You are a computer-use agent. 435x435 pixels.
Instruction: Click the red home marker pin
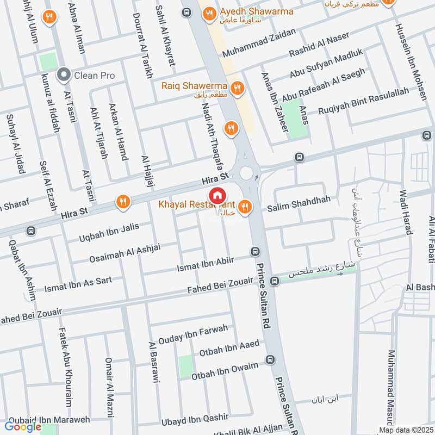(217, 195)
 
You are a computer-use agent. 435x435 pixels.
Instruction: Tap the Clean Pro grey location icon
(64, 75)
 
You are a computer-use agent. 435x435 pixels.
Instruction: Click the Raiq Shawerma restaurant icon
(237, 87)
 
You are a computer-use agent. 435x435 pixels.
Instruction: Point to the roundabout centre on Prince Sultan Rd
(247, 173)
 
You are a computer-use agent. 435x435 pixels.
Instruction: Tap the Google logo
(24, 426)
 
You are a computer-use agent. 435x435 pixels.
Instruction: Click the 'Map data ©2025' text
(404, 430)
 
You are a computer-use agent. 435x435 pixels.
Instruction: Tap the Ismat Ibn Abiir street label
(206, 264)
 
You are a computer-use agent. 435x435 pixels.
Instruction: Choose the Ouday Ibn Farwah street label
(194, 333)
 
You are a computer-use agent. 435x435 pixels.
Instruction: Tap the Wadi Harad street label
(407, 212)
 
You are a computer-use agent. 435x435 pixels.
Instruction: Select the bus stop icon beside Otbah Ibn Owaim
(270, 359)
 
